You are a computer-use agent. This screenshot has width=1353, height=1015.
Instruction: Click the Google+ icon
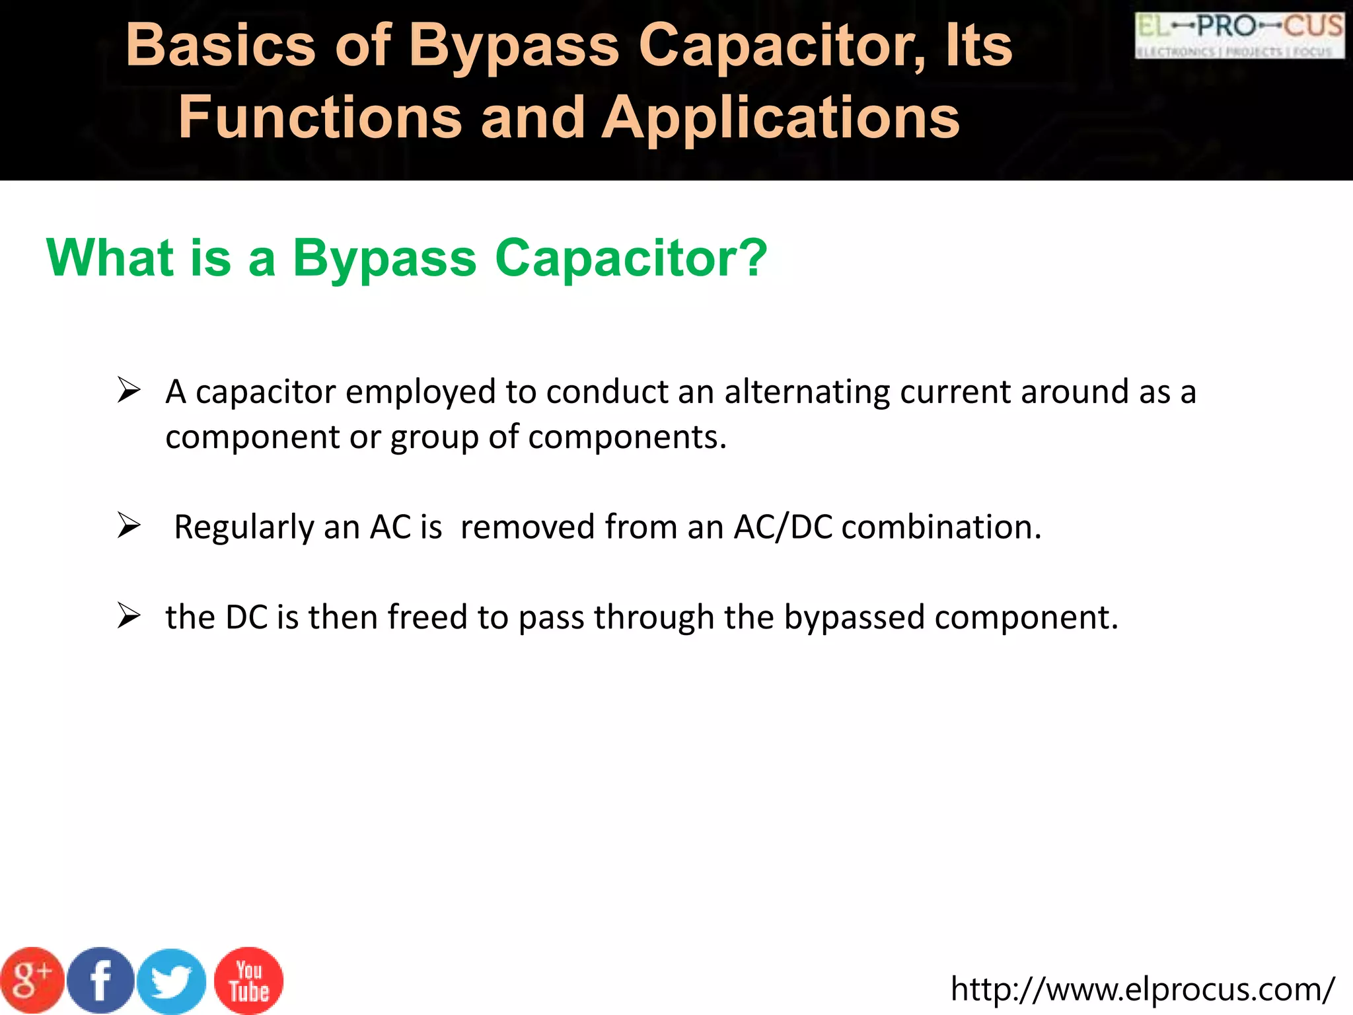pos(31,981)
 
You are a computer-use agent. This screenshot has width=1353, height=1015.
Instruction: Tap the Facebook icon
pos(100,981)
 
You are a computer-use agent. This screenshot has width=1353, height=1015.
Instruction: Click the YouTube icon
pos(249,981)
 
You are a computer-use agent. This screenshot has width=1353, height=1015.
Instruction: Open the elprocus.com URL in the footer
pos(1142,989)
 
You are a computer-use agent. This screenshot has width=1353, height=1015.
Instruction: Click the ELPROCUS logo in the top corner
pos(1239,35)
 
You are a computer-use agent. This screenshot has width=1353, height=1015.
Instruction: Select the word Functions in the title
pos(320,118)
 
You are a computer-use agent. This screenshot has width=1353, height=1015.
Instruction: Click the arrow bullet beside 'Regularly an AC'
pos(129,526)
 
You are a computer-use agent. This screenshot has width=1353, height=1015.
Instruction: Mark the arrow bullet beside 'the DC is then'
pos(129,616)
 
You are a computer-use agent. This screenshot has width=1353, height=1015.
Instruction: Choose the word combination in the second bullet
pos(941,527)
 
